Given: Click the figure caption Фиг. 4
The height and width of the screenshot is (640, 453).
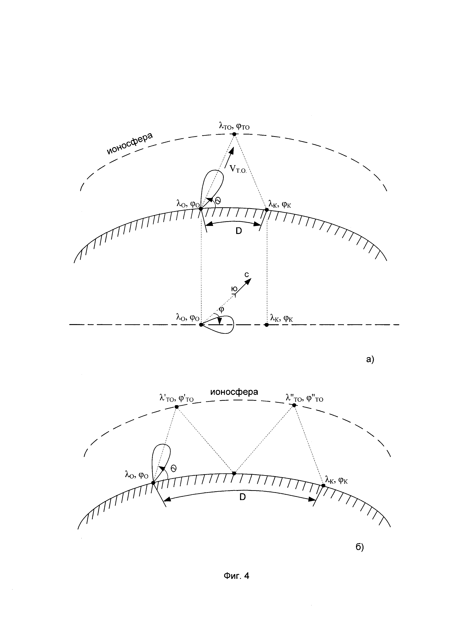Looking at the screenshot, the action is click(236, 576).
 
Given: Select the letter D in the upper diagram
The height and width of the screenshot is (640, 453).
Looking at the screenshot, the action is click(239, 231).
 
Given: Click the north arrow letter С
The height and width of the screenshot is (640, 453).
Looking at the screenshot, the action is click(247, 275).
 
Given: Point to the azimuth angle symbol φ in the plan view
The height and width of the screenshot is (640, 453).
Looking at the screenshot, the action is click(222, 309).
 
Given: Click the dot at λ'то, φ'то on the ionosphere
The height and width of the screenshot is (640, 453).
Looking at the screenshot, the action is click(176, 407).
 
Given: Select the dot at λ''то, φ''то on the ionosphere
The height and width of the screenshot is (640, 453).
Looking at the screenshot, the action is click(294, 405).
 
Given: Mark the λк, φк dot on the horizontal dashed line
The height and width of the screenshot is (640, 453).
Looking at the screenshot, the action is click(267, 325).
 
